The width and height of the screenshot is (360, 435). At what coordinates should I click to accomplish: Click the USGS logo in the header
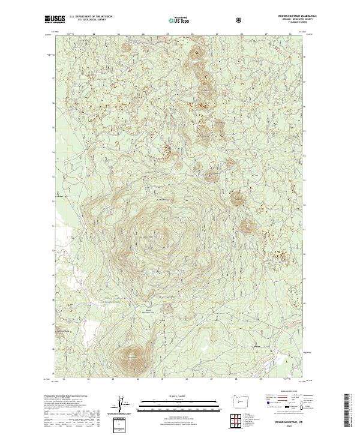point(55,20)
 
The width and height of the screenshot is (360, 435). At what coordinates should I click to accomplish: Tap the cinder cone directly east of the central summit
point(247,227)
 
